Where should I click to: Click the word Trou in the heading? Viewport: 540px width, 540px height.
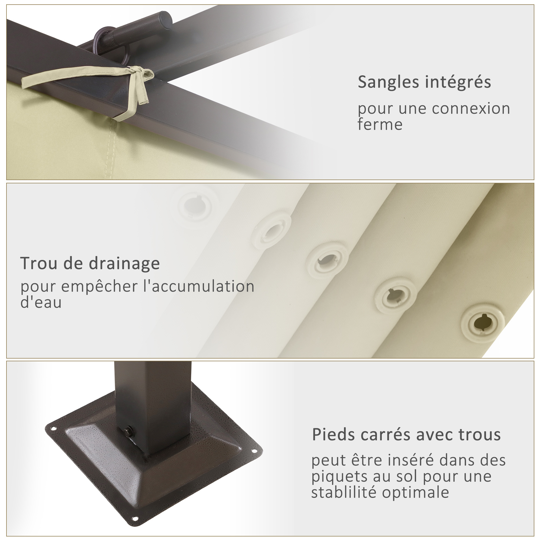pyautogui.click(x=38, y=263)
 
